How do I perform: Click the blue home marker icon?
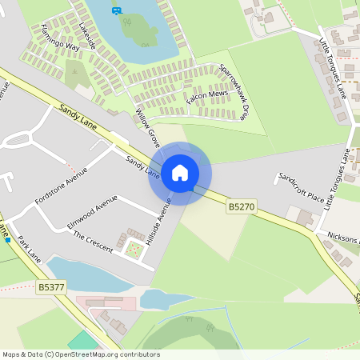tap(180, 173)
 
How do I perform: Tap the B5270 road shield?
tap(241, 206)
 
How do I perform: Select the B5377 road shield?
tap(51, 286)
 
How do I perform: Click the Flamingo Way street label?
tap(61, 36)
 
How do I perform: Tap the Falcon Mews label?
tap(207, 95)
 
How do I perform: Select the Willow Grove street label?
tap(148, 127)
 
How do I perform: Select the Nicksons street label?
tap(343, 237)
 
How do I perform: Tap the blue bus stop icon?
tap(118, 10)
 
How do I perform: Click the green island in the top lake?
tap(135, 30)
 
